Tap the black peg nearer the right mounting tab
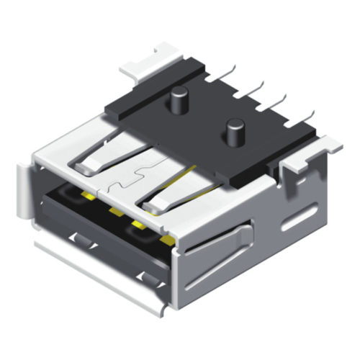pyautogui.click(x=234, y=132)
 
